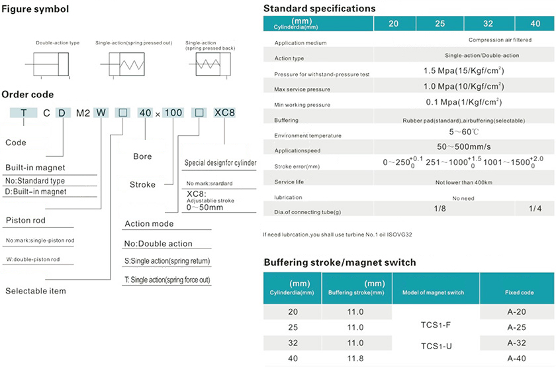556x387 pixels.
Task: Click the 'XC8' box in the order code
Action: click(225, 112)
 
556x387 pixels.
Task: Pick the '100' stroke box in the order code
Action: click(173, 112)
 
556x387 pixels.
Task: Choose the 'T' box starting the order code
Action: click(24, 112)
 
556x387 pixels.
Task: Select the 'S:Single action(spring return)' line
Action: click(167, 261)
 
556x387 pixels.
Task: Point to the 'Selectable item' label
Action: click(36, 291)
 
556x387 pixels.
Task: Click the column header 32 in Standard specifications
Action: click(488, 23)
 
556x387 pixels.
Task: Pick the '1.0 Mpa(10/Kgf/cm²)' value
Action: click(463, 86)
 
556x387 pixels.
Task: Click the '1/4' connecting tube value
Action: click(535, 209)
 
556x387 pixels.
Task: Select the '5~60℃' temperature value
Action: click(463, 133)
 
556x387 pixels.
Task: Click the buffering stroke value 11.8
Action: click(355, 359)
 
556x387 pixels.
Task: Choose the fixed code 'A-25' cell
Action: click(516, 327)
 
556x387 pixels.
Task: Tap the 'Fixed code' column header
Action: click(516, 292)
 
